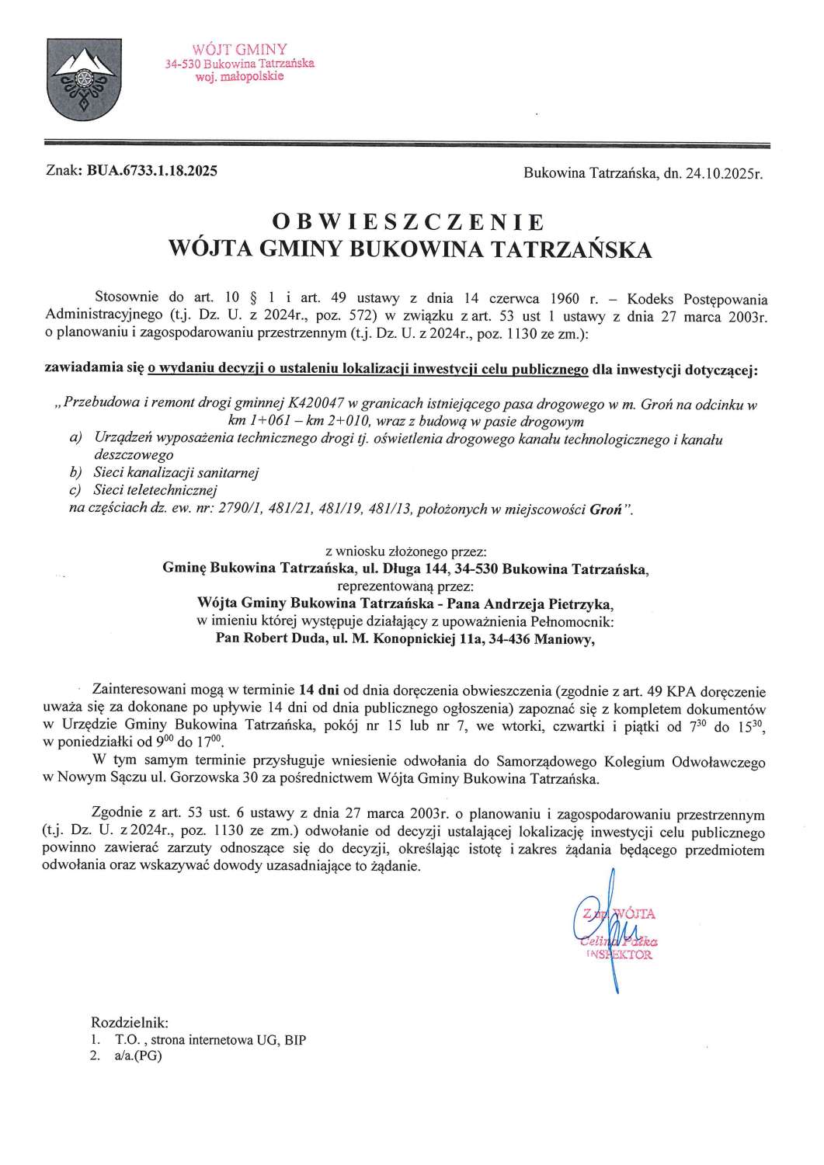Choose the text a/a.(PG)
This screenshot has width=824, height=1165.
click(137, 1055)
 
